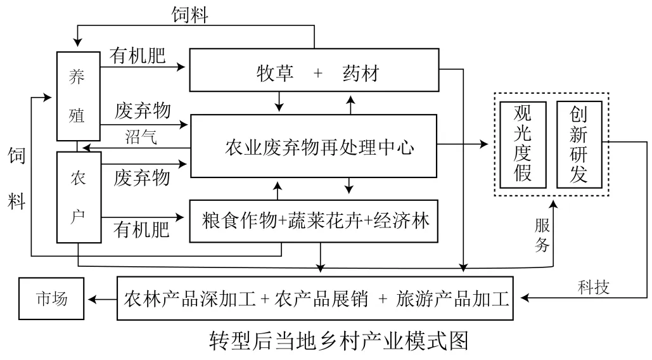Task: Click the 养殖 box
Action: coord(79,96)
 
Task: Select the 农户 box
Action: coord(79,197)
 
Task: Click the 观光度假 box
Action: coord(522,144)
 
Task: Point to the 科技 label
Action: coord(593,287)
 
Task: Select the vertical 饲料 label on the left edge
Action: coord(18,179)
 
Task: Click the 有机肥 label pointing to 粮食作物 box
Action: coord(141,229)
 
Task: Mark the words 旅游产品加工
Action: coord(452,298)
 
